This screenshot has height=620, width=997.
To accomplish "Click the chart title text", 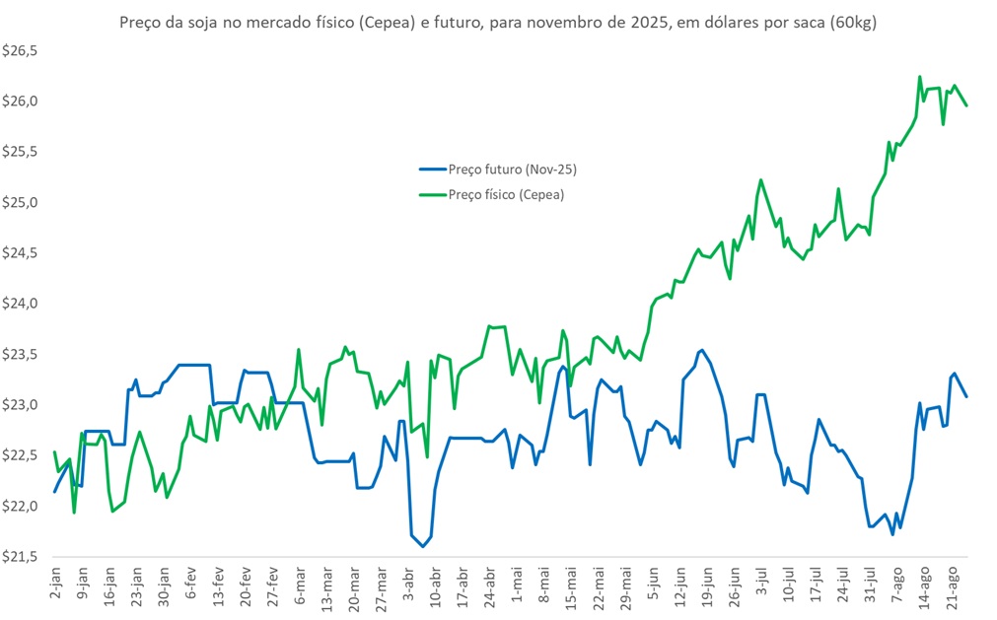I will pos(498,22).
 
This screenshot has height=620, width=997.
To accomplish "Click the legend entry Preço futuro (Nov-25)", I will pos(512,170).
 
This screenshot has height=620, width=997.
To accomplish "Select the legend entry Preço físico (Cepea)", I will pos(506,194).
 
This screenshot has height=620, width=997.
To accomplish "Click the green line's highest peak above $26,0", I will pos(920,76).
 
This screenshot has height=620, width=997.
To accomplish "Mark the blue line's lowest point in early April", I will pos(422,546).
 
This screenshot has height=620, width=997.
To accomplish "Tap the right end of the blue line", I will pos(967,396).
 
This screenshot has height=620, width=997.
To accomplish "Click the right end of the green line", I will pos(967,104).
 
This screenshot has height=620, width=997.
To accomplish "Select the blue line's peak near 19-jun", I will pos(701,350).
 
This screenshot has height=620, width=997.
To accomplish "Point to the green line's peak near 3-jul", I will pos(761,179).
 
